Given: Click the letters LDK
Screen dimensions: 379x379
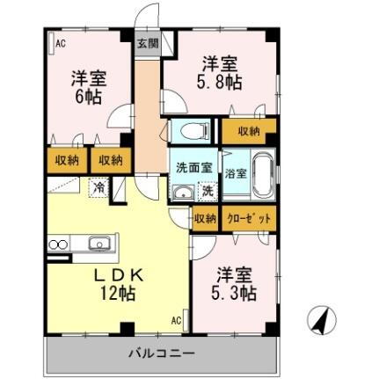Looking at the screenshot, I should point(113,273).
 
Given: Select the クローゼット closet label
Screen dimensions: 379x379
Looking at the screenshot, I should point(247,219).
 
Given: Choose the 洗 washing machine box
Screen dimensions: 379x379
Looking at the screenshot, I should point(208,191).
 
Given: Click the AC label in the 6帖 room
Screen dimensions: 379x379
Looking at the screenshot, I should point(61,41).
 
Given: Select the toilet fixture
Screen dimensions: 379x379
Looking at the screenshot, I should point(188,132).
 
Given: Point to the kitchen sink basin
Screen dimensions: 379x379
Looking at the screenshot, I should point(98,244).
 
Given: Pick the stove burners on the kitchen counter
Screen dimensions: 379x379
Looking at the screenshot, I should point(58,244).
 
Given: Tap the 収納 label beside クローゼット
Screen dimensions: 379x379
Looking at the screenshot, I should point(204,219).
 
